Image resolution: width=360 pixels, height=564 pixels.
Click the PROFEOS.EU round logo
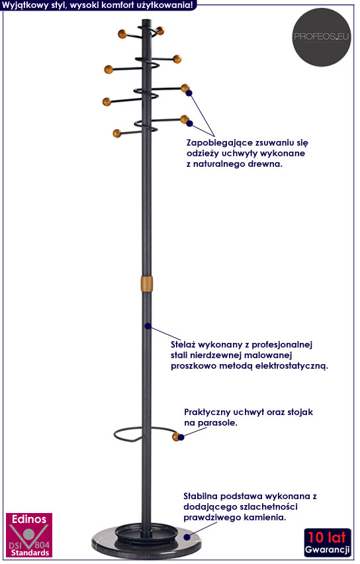(321, 37)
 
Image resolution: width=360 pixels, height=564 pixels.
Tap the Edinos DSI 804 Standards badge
(29, 536)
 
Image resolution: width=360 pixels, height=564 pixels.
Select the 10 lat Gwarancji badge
(328, 543)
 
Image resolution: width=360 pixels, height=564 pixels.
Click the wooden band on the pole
(146, 284)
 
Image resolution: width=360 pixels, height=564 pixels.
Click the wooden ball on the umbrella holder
(175, 437)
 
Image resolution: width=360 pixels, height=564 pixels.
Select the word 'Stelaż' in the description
(183, 344)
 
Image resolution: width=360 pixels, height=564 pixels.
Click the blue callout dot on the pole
(148, 326)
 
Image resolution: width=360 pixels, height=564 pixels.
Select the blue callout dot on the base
(187, 537)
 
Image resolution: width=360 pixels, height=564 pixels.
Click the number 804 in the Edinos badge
(42, 545)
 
